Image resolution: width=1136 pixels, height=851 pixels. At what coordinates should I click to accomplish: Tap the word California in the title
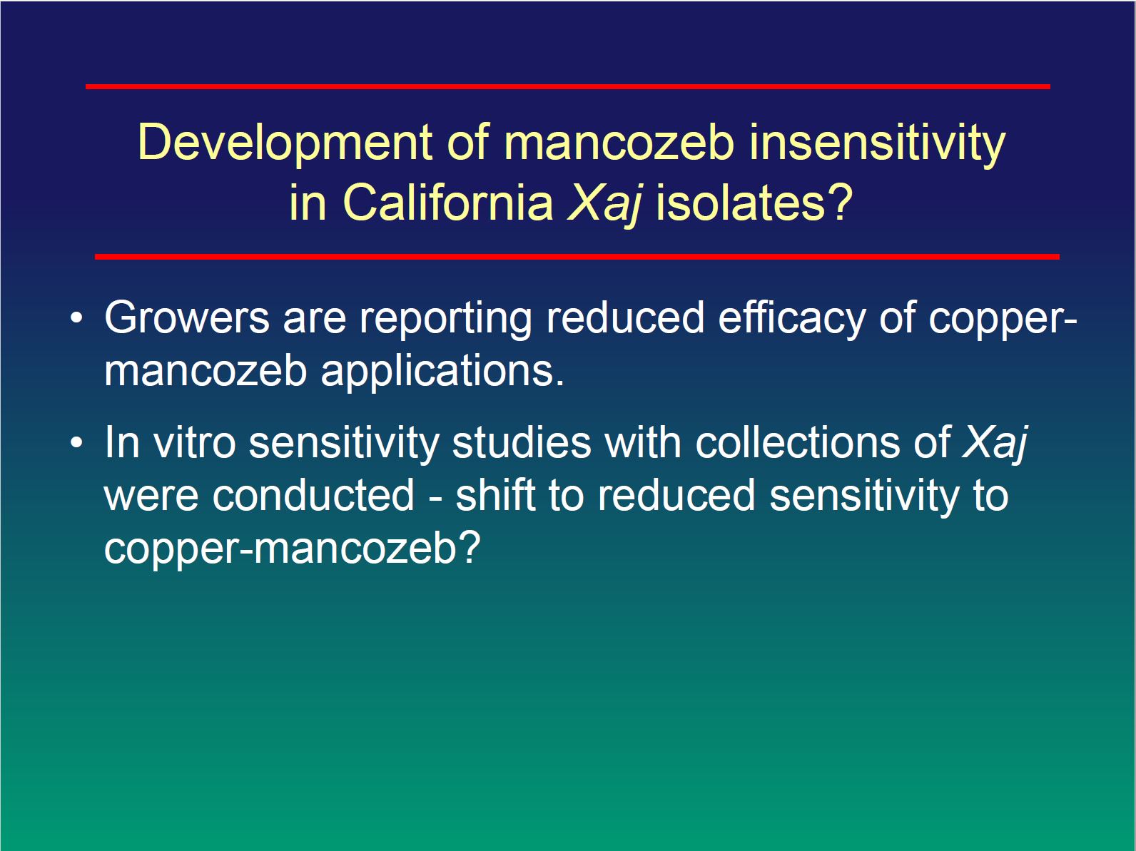pos(448,203)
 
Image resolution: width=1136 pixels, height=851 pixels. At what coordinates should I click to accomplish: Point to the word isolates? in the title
pos(754,203)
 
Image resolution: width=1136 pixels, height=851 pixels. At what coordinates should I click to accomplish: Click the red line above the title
pos(568,86)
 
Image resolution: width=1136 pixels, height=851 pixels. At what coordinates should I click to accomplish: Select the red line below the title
pos(577,257)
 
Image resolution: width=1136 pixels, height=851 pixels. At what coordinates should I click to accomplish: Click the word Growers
pos(187,317)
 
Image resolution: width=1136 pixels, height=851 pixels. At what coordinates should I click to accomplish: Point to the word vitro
pos(195,443)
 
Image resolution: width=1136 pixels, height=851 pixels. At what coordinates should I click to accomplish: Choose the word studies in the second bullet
pos(522,443)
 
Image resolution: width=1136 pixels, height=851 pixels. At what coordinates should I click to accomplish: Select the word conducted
pos(314,496)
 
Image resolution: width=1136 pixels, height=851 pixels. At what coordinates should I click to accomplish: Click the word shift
pos(495,495)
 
